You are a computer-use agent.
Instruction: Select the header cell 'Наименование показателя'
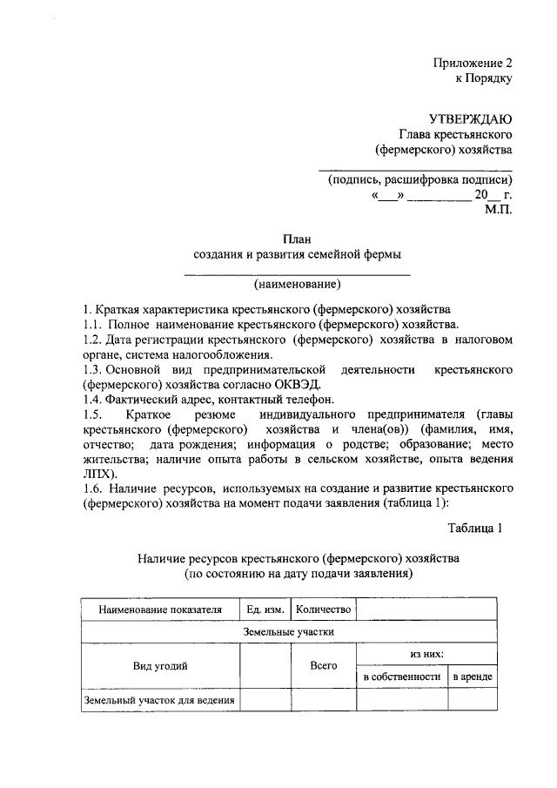point(160,610)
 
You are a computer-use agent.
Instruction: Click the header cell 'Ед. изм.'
point(265,610)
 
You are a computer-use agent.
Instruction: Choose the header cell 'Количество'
point(323,610)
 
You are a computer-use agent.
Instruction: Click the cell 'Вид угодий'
point(160,665)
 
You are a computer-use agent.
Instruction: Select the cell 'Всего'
point(323,665)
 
